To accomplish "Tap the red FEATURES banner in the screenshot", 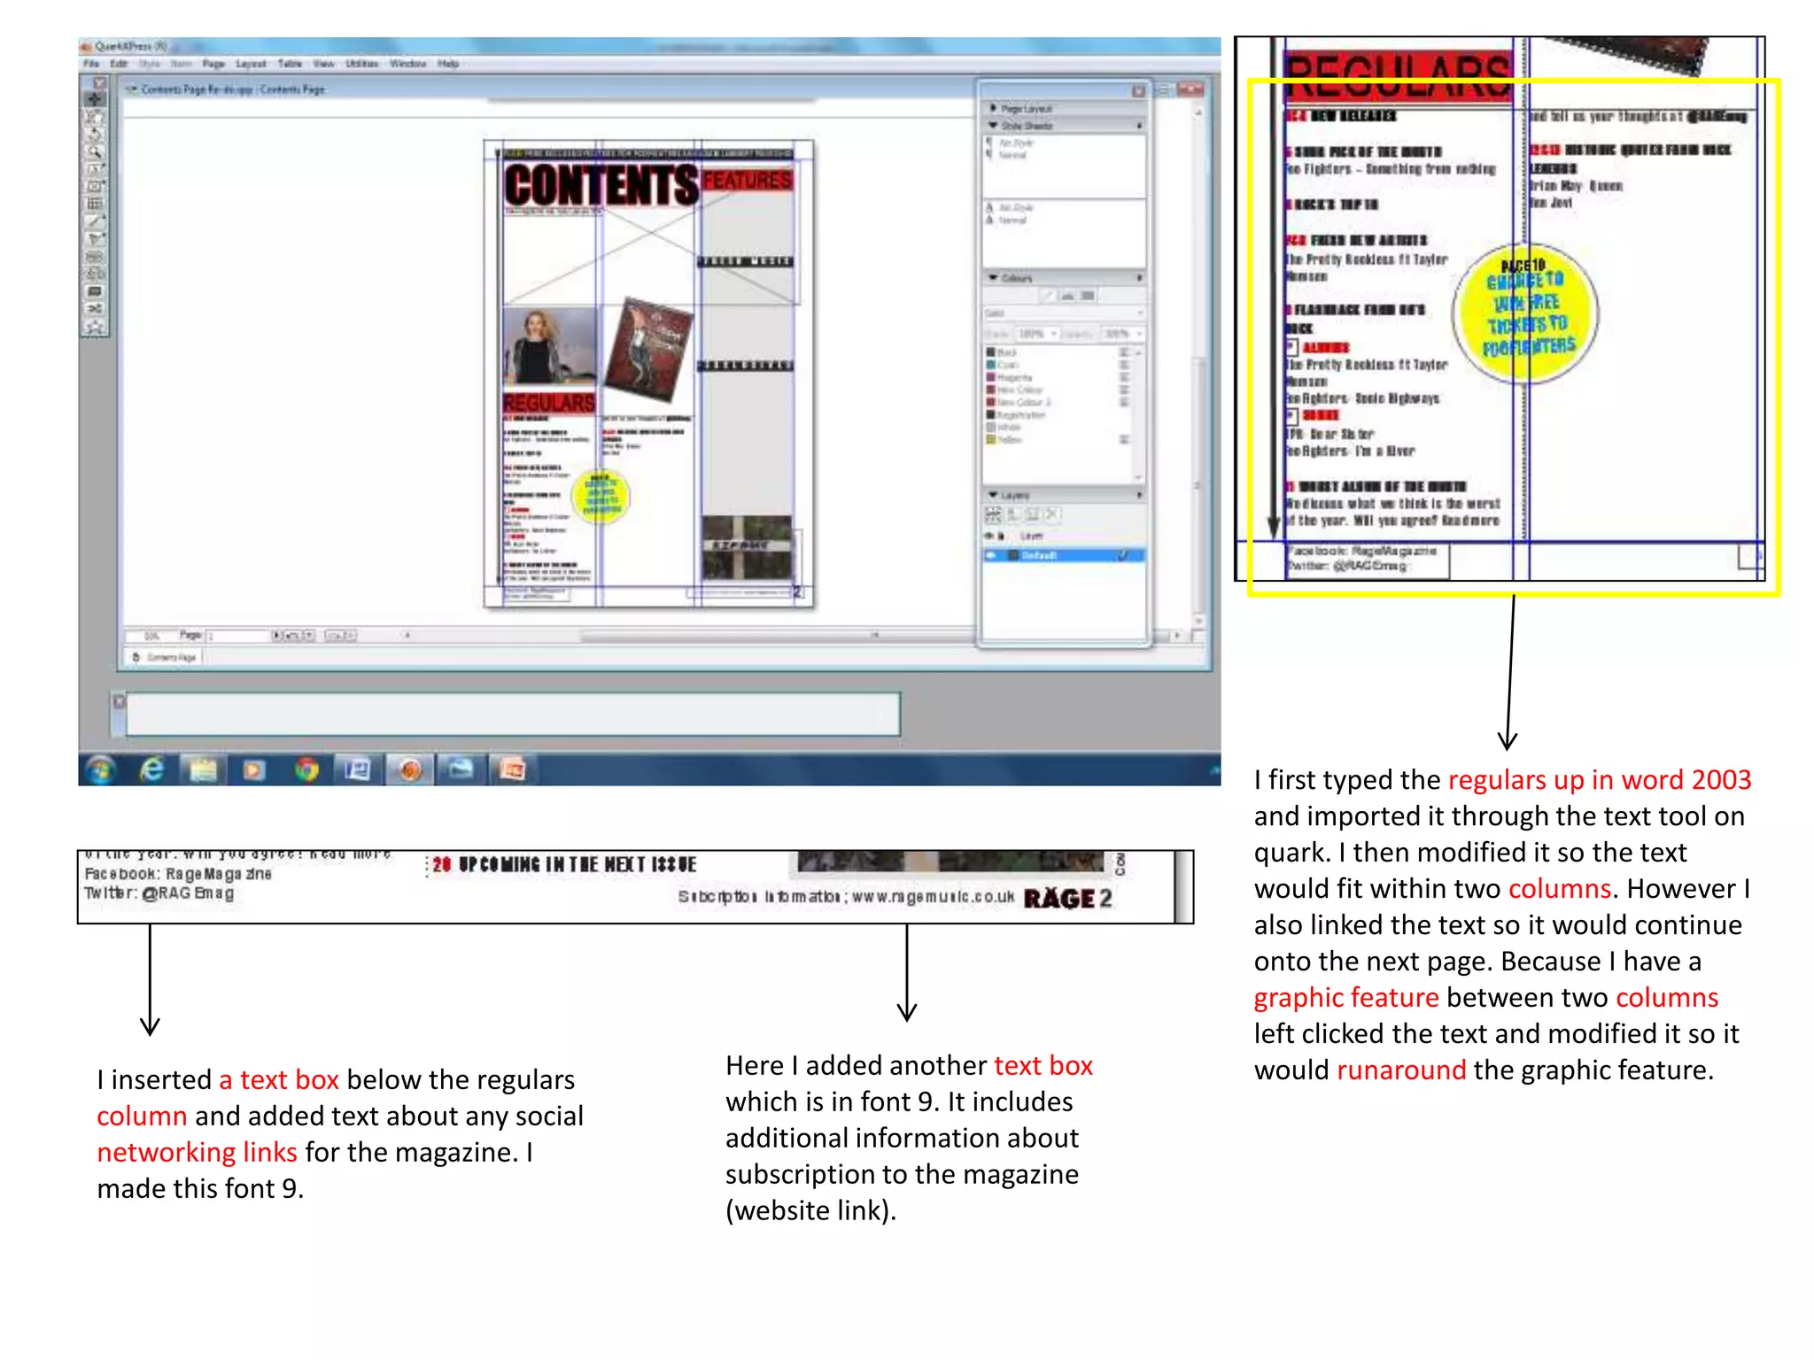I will click(747, 181).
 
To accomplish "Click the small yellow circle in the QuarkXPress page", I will click(601, 496).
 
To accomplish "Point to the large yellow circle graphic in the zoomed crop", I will click(1526, 313).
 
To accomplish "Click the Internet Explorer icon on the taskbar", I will click(152, 769).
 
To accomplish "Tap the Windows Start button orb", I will click(100, 769).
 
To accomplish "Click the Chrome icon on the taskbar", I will click(306, 769).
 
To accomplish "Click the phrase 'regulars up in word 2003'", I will click(1599, 780).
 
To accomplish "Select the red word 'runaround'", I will click(1400, 1070).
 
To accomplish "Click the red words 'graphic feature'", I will click(1345, 998).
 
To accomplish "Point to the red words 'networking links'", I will click(197, 1153).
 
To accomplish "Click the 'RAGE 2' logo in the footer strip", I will click(1067, 899).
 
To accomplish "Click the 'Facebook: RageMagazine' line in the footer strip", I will click(178, 874).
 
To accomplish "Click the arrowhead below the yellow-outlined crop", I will click(1508, 742).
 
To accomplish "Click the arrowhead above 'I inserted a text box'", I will click(150, 1026).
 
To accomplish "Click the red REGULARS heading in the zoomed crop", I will click(1398, 75).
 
